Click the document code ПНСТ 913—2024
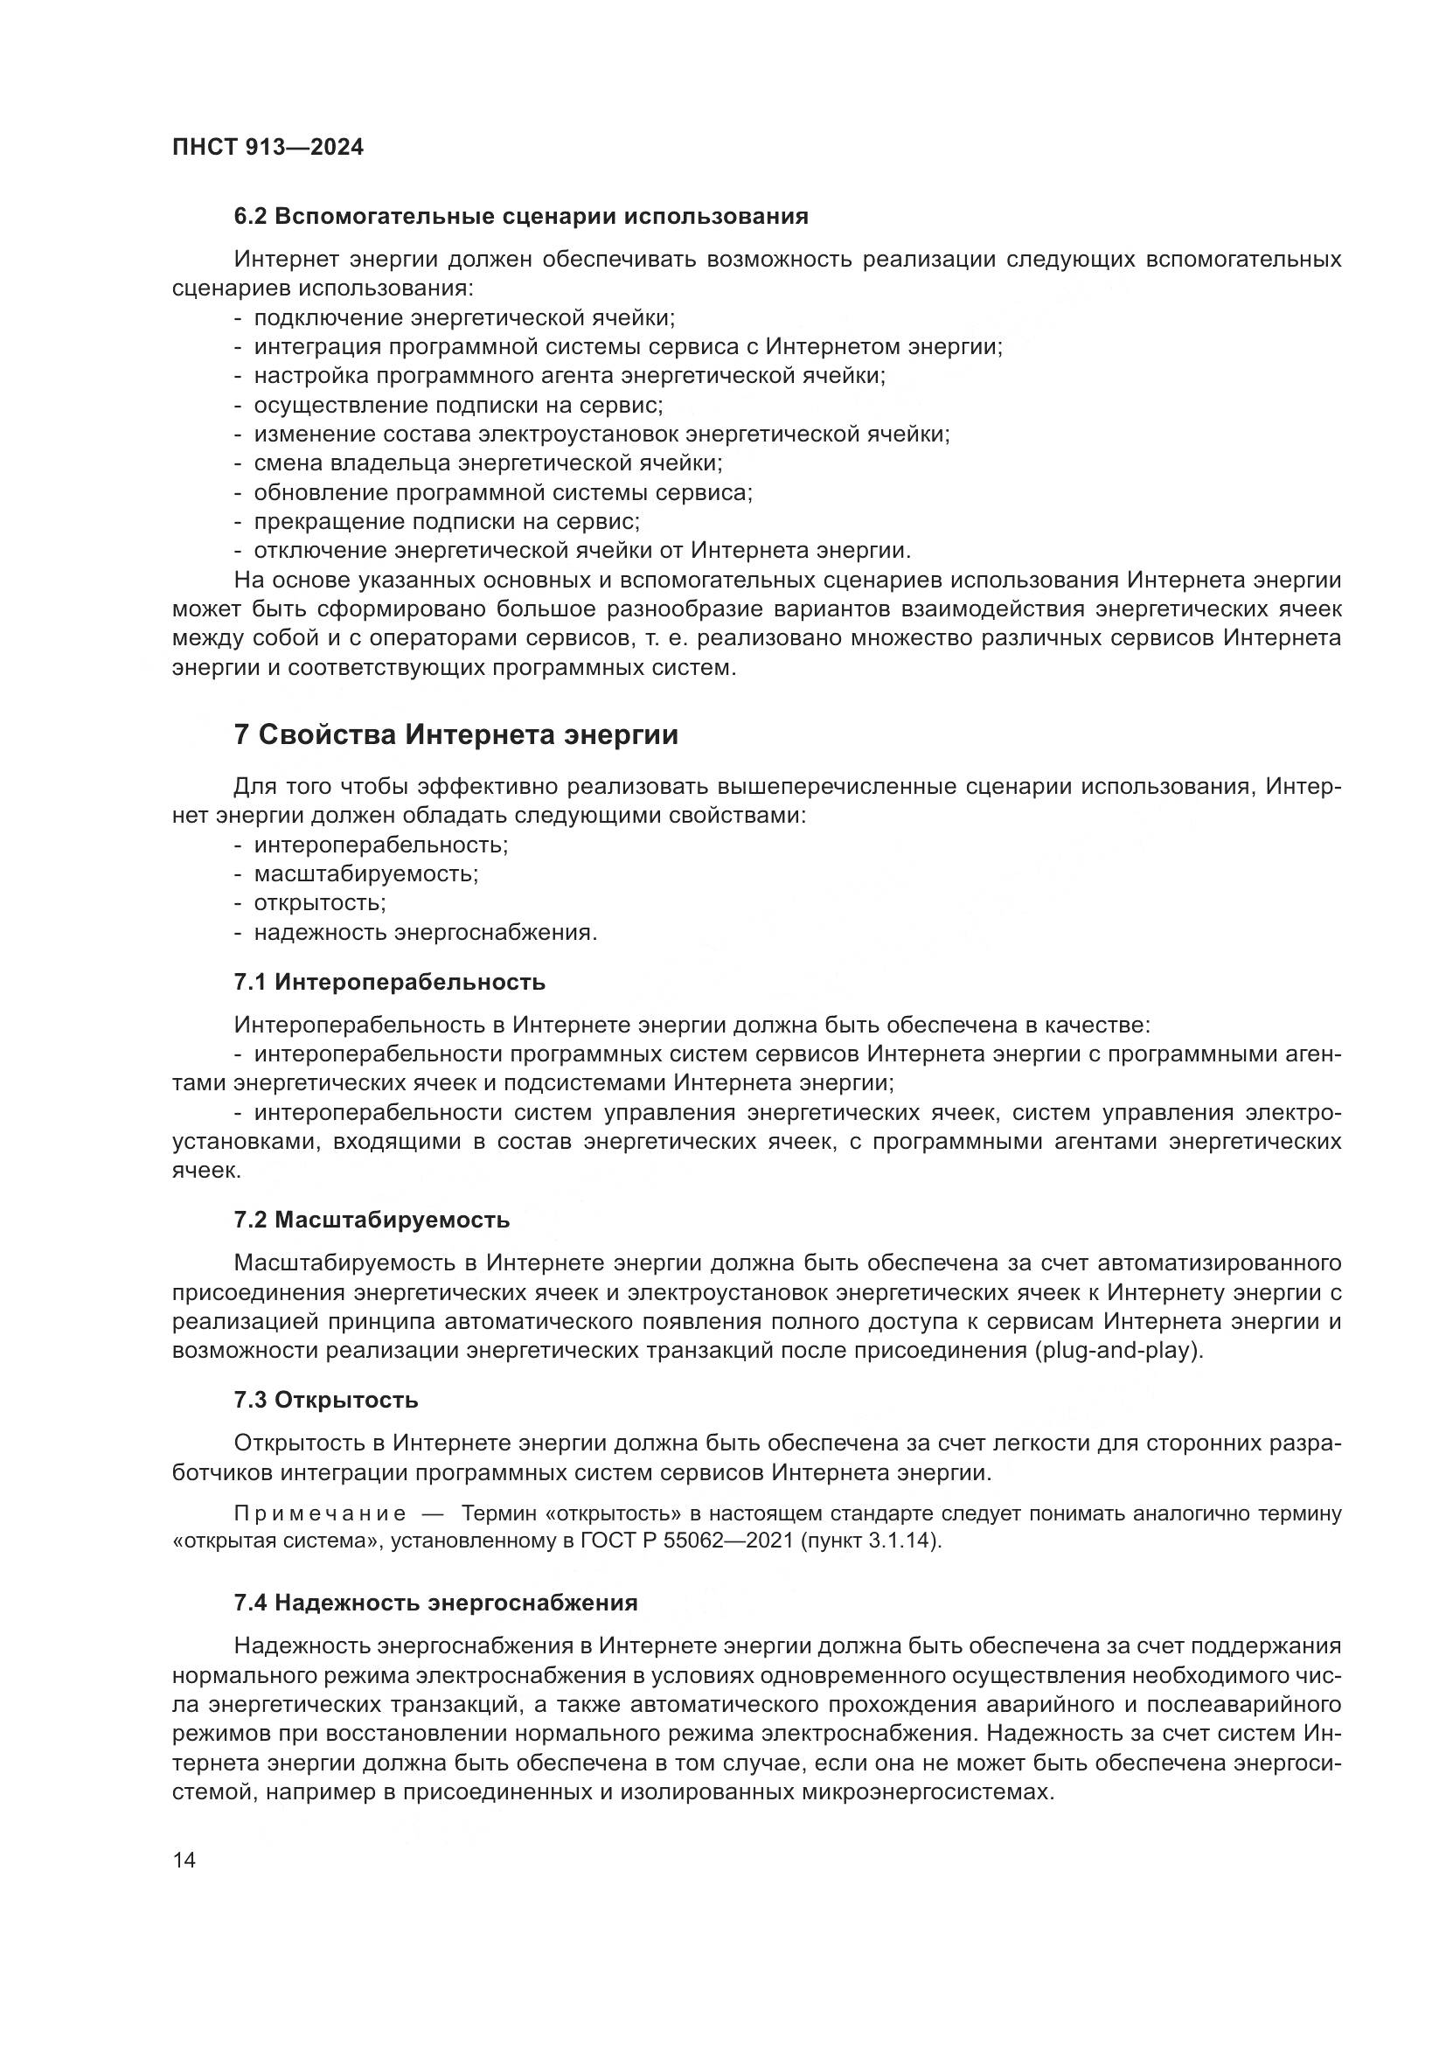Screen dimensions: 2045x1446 pos(268,148)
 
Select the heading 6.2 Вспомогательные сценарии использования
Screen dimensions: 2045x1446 pos(521,217)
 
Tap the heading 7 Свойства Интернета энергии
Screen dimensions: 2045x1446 pos(455,734)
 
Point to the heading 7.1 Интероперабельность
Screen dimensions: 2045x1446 pos(390,983)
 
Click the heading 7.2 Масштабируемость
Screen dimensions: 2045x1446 pos(372,1220)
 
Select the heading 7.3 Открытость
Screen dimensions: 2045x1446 pos(326,1400)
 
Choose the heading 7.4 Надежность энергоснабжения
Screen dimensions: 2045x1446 pos(435,1603)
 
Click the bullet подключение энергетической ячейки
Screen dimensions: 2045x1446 pos(464,318)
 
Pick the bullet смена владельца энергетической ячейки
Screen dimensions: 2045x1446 pos(488,463)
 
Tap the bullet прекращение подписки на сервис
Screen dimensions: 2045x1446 pos(447,521)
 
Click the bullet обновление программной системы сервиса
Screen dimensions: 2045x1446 pos(503,492)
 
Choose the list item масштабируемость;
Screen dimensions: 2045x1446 pos(366,873)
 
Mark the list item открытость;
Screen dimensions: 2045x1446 pos(320,903)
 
